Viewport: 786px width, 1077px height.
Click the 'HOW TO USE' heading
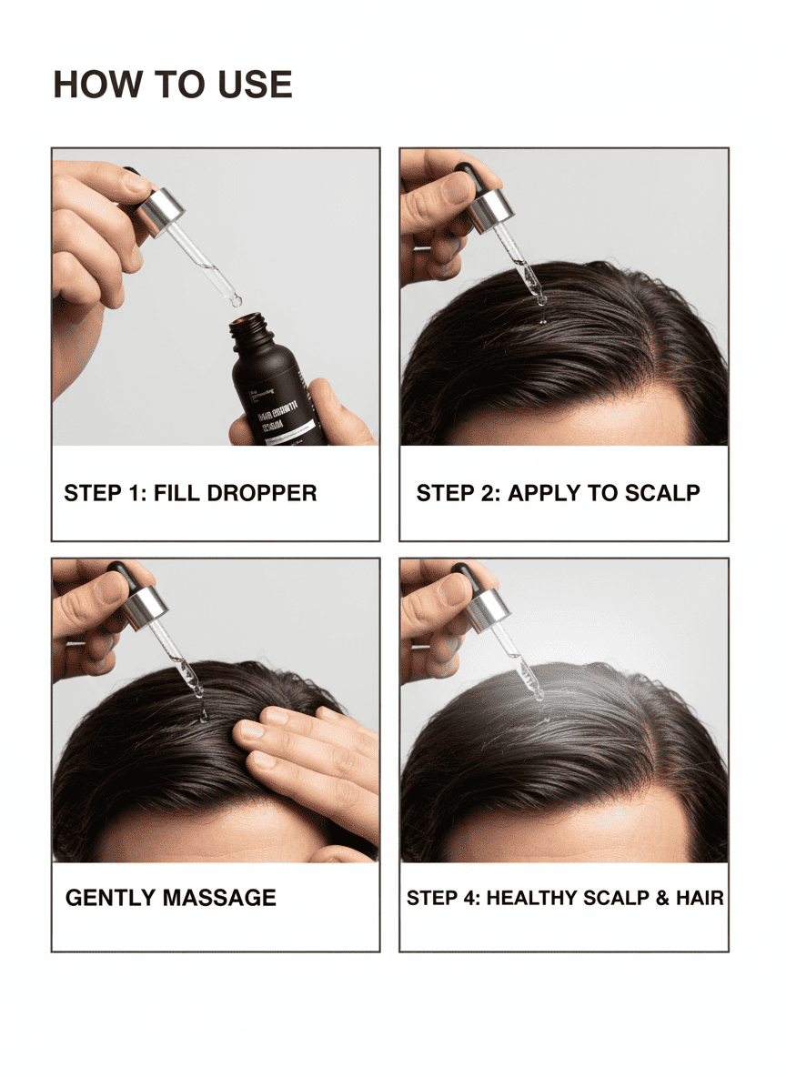[173, 85]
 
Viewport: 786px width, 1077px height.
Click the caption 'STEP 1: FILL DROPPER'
[190, 493]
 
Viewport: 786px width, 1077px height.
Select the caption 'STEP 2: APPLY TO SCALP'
[558, 493]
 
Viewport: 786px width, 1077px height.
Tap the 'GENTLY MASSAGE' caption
[170, 898]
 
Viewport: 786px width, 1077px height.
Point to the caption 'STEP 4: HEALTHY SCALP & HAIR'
[565, 898]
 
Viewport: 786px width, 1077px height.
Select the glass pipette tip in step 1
[234, 297]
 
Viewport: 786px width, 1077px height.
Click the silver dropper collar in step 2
[491, 208]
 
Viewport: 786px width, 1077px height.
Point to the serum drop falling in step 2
[542, 320]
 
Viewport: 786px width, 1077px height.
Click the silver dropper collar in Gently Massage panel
[146, 606]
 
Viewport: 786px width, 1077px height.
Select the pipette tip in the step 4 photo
[539, 696]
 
